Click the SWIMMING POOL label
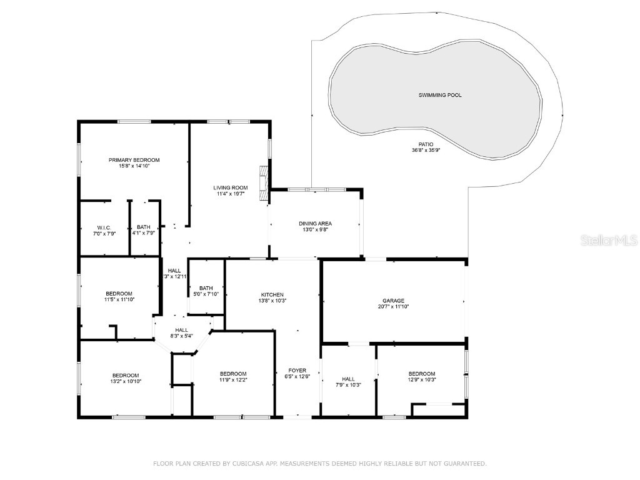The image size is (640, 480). [x=440, y=95]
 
